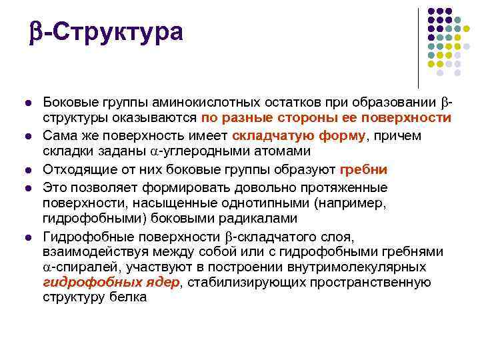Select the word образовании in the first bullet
pos(394,102)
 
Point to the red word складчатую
pos(273,135)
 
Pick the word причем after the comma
pos(397,136)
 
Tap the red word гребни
pos(363,169)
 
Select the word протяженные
pos(344,187)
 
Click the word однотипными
pos(265,203)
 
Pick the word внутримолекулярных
pos(357,267)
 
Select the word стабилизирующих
pos(247,282)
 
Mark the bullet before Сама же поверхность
pos(28,136)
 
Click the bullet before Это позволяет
pos(28,188)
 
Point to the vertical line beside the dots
pos(418,49)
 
